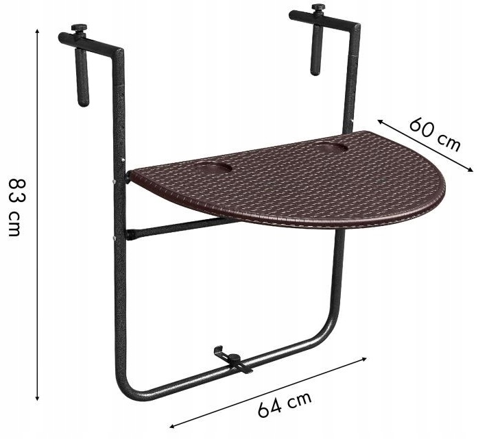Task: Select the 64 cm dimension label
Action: (x=284, y=403)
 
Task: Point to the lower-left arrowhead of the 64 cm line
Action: (x=171, y=425)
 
